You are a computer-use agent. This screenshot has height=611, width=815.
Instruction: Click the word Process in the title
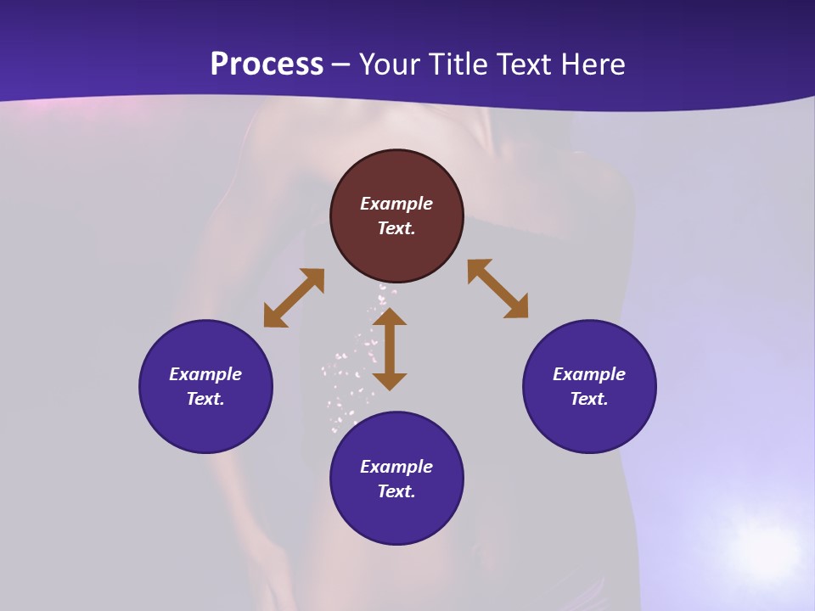point(267,64)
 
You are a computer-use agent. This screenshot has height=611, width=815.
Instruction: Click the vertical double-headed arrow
point(390,350)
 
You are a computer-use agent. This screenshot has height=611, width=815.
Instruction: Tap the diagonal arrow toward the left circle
point(294,298)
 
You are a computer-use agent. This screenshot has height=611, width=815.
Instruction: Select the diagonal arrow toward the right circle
point(497,289)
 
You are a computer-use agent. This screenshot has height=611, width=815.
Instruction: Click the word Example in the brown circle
point(396,204)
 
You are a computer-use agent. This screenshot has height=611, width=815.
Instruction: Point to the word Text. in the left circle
point(205,399)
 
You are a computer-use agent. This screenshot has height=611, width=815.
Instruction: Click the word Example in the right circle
point(589,374)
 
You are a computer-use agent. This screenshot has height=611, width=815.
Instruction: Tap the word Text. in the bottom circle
point(396,491)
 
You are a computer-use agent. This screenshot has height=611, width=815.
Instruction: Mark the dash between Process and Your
point(341,65)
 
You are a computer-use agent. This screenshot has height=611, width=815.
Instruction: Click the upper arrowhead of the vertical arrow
point(390,317)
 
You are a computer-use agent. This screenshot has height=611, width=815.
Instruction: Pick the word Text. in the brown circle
point(396,228)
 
